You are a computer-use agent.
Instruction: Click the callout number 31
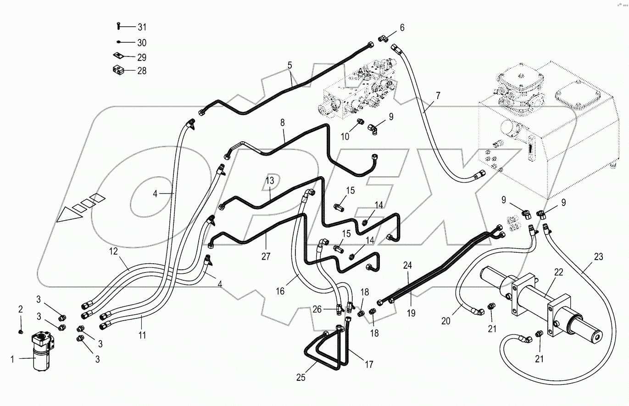tap(142, 27)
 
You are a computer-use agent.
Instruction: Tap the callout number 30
tap(142, 43)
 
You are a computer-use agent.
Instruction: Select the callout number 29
tap(142, 57)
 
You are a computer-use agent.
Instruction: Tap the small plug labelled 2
tap(21, 331)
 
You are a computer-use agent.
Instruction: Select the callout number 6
tap(402, 28)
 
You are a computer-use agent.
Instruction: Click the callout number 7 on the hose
tap(438, 96)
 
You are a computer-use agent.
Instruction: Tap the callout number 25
tap(301, 378)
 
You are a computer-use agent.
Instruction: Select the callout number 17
tap(368, 365)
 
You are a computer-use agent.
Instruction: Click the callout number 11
tap(142, 335)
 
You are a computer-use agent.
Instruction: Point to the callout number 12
tap(113, 251)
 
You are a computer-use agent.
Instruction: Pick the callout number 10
tap(345, 136)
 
